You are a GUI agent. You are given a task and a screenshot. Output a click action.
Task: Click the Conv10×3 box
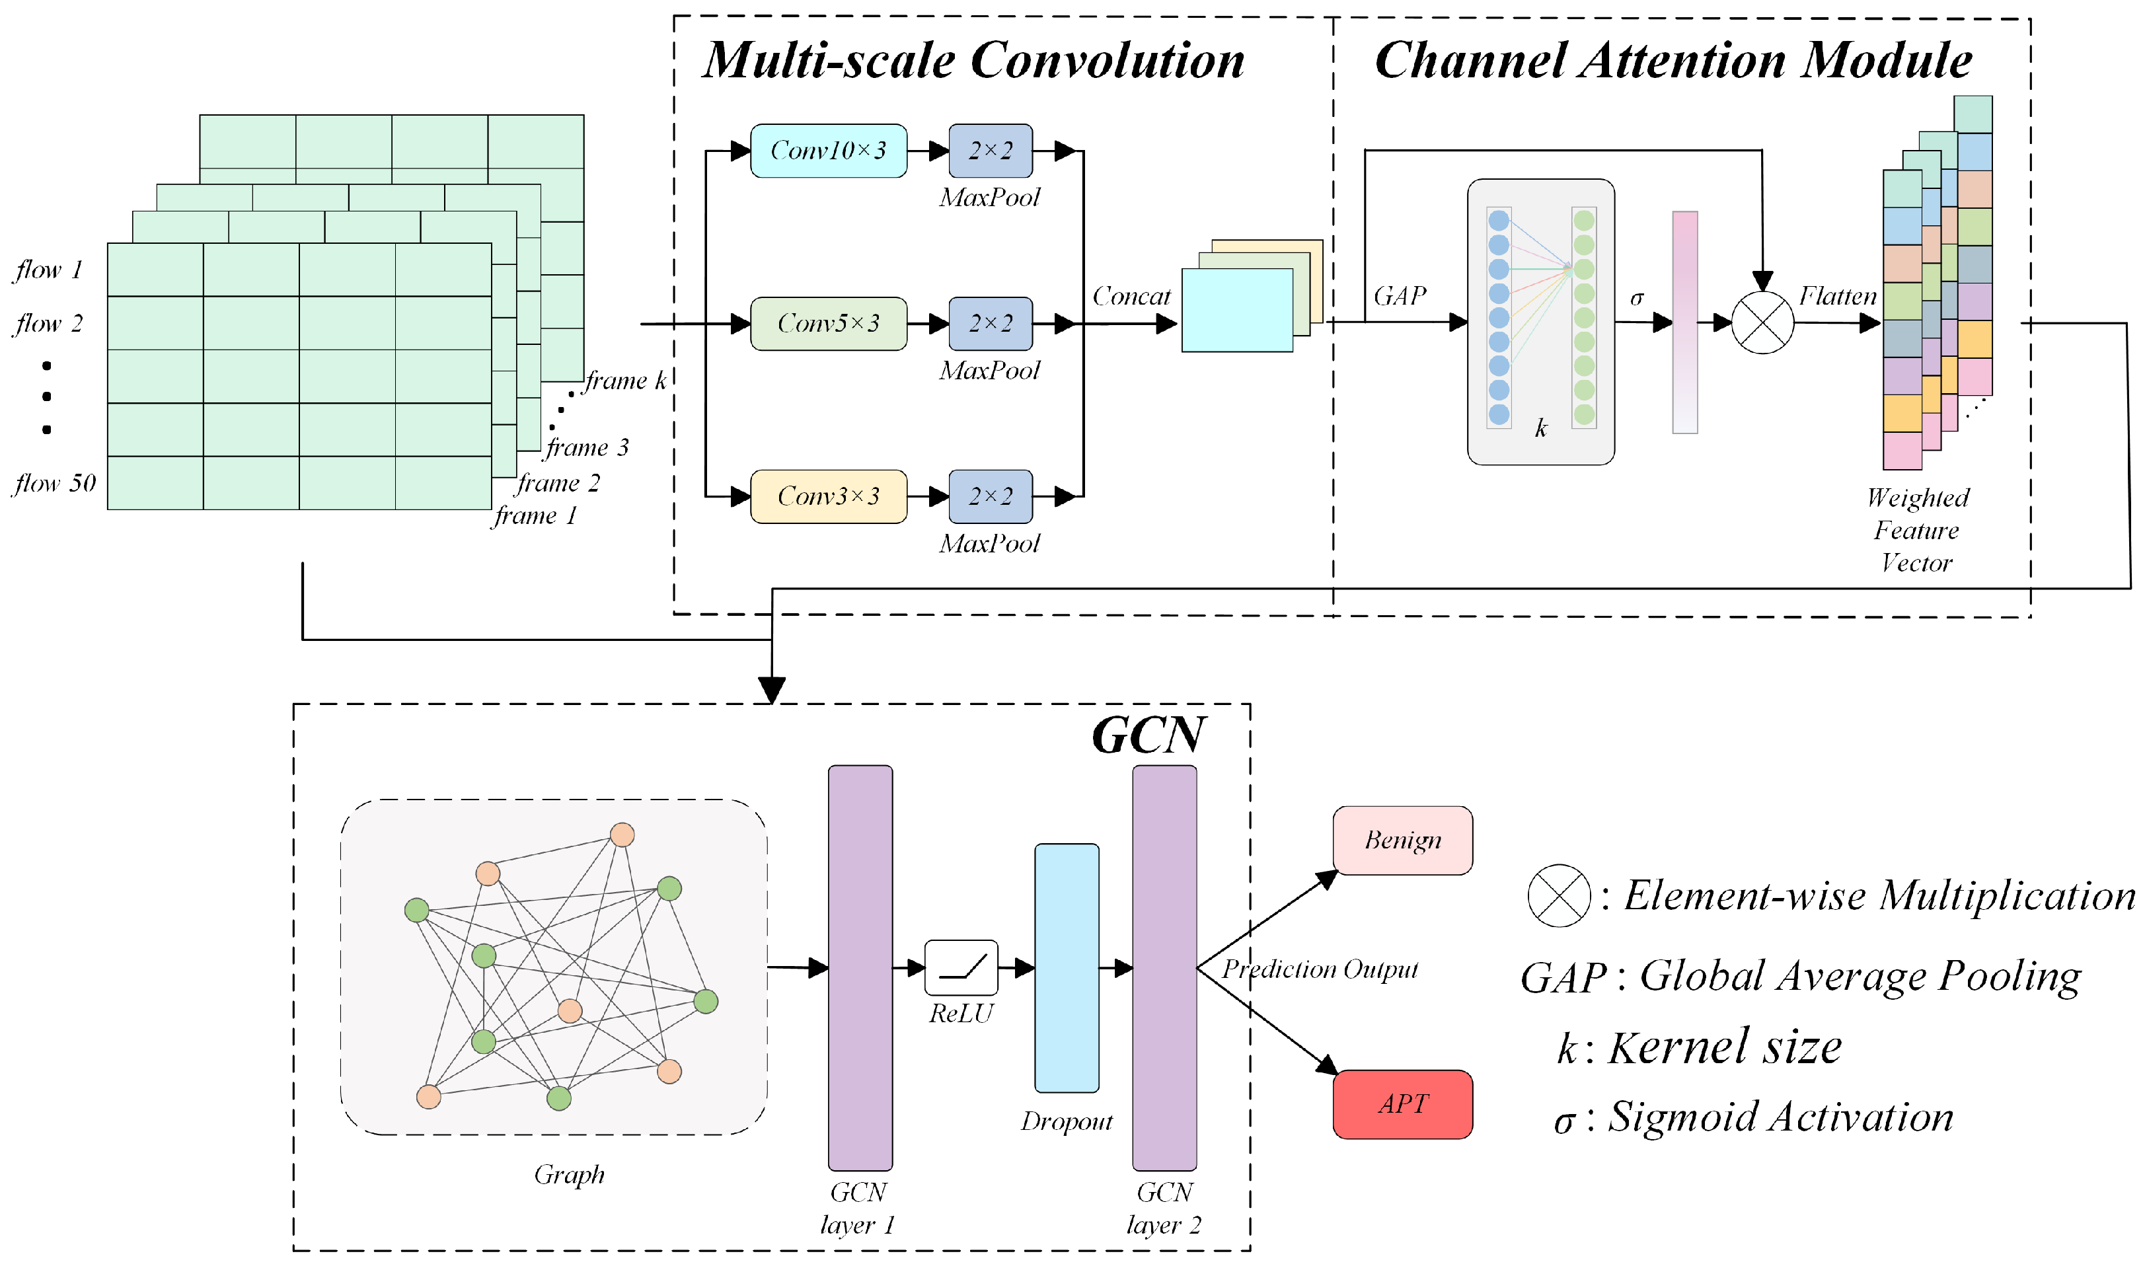point(828,151)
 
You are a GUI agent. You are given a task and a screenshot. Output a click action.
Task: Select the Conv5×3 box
point(828,324)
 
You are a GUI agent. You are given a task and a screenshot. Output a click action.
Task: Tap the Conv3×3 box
point(828,496)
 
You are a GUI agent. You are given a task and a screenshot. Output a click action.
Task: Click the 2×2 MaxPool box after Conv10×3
point(990,151)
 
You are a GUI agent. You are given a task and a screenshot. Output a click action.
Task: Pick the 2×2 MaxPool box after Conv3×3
point(990,496)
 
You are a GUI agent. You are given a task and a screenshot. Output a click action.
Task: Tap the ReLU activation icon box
point(961,968)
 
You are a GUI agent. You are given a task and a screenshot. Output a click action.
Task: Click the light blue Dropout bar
point(1066,968)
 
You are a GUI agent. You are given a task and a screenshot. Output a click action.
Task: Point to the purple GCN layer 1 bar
point(860,968)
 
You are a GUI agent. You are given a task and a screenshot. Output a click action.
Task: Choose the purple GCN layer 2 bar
point(1164,968)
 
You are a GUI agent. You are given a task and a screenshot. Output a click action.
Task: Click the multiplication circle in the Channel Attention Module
point(1762,323)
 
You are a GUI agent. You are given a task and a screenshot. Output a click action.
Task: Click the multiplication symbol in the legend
point(1559,896)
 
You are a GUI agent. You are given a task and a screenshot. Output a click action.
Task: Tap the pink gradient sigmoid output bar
point(1684,323)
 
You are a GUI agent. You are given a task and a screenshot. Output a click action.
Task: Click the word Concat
point(1131,297)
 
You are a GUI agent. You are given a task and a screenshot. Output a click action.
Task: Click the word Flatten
point(1838,297)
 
